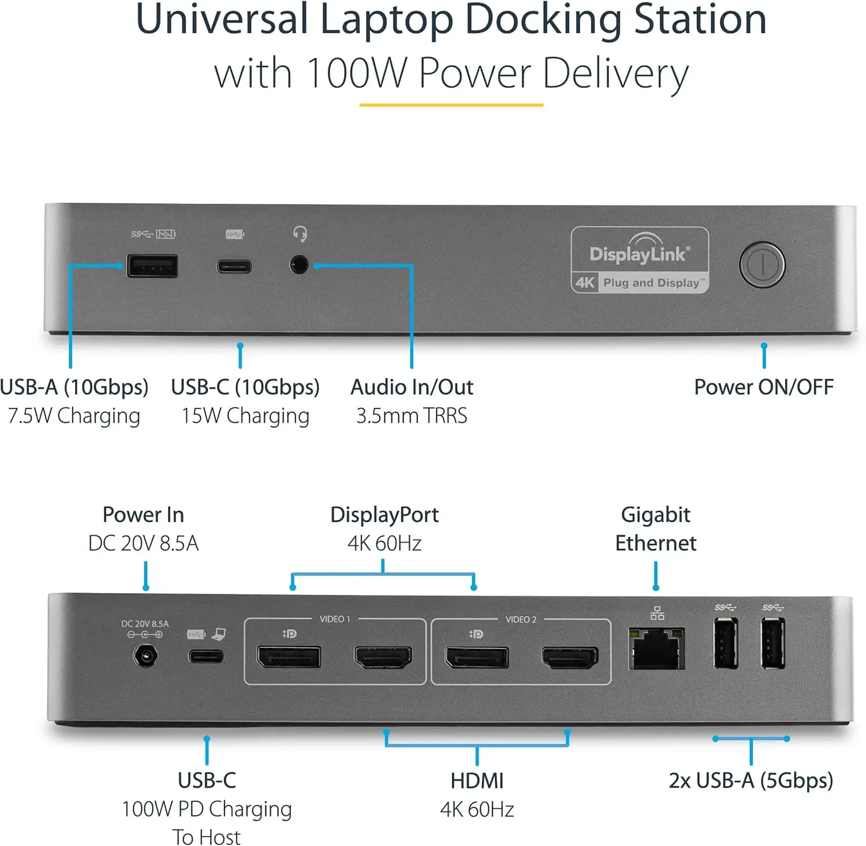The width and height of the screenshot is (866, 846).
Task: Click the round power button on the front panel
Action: (762, 264)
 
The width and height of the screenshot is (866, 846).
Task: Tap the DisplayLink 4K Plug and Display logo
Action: (640, 260)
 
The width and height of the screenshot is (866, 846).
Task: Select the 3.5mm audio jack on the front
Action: (299, 266)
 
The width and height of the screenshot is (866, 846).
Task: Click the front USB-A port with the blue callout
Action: (152, 266)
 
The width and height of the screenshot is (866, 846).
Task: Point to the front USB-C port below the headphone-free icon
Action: (234, 266)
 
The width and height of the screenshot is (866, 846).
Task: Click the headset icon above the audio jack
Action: (300, 234)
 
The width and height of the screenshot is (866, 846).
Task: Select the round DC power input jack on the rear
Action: (145, 657)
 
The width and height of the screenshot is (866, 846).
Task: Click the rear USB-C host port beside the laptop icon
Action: (206, 657)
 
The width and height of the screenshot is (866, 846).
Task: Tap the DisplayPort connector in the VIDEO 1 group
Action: (289, 657)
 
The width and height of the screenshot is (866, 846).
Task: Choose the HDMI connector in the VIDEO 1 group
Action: (383, 657)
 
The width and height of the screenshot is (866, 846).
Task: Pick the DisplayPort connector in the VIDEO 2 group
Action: (476, 657)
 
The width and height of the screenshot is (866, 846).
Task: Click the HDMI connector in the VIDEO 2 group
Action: (570, 657)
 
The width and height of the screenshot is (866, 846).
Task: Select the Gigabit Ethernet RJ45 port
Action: (656, 650)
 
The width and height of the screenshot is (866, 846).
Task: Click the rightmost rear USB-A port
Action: (772, 643)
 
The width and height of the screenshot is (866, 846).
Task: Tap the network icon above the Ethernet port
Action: (657, 614)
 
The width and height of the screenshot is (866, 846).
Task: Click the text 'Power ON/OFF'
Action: (763, 387)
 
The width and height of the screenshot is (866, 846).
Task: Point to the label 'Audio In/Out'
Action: (412, 387)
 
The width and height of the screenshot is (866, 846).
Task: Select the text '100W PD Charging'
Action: (207, 809)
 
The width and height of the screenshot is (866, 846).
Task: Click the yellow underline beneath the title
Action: (451, 105)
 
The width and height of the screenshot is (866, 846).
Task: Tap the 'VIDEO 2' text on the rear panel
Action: (521, 620)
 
